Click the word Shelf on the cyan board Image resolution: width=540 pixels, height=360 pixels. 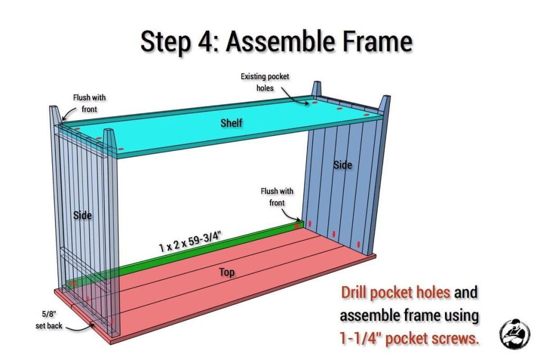[231, 122]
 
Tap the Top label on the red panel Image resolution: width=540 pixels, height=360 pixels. [227, 272]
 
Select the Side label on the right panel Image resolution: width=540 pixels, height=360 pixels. [342, 165]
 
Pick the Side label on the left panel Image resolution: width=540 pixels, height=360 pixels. [82, 216]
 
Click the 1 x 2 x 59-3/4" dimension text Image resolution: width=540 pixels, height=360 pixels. [189, 242]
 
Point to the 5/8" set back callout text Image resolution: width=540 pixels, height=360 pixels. [49, 320]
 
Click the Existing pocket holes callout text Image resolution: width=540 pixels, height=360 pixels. [265, 82]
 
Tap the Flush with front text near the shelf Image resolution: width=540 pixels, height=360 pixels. [89, 103]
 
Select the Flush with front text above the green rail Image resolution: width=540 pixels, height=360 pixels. [277, 197]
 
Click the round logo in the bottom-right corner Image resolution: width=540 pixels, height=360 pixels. [515, 334]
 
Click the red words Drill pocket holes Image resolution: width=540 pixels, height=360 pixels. [396, 293]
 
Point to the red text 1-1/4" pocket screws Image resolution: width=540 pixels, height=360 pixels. [409, 339]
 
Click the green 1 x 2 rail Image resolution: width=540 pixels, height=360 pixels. [186, 253]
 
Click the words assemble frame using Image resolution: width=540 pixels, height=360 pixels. [409, 316]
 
